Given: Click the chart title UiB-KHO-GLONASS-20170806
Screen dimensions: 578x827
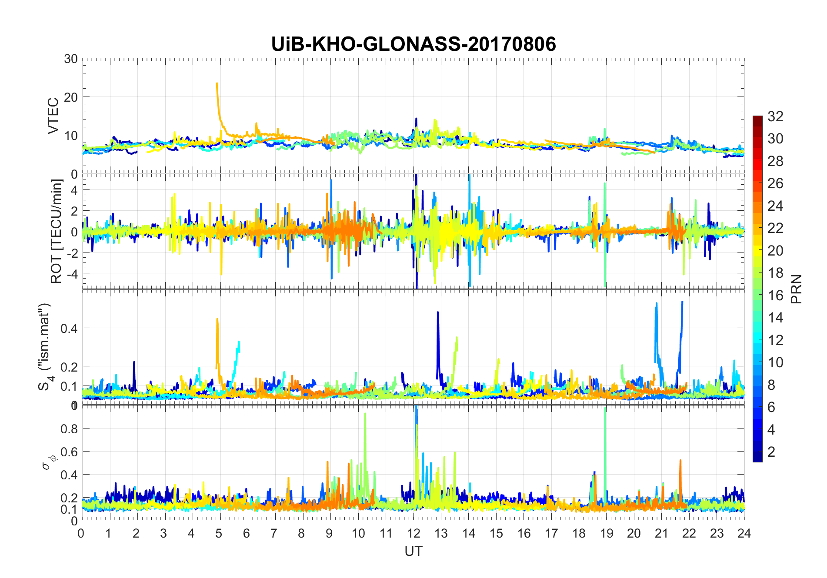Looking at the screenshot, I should pos(413,44).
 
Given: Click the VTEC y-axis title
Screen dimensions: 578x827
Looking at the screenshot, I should pos(53,116).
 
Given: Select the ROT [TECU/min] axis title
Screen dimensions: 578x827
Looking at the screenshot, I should pos(57,231).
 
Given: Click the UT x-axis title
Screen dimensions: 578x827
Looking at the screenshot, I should pos(413,551).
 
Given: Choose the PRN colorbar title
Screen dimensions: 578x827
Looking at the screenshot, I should pos(796,289).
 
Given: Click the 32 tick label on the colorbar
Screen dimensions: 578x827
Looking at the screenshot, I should pos(775,116).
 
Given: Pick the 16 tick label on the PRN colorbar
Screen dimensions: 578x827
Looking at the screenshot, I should pos(775,296).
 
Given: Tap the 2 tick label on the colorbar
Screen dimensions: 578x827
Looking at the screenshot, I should pos(771,452).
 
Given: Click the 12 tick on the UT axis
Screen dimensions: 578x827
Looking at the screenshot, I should pos(413,533).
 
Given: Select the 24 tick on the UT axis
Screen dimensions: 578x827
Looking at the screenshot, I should pos(744,533).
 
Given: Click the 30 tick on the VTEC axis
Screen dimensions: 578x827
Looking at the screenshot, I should pos(71,59).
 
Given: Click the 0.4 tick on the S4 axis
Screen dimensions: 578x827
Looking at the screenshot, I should pos(69,328).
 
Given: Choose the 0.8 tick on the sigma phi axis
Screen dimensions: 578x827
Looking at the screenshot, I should pos(69,429).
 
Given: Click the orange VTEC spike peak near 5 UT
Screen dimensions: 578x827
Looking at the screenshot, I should pos(217,83).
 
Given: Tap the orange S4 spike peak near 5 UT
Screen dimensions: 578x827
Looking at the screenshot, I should pos(217,319).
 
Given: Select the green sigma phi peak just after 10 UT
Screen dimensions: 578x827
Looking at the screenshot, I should pos(365,414).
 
